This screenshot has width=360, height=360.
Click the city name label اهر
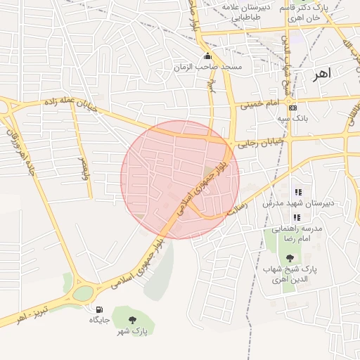coord(323,72)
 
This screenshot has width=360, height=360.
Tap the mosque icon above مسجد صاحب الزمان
coord(207,56)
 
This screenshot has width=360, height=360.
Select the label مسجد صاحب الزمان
coord(208,67)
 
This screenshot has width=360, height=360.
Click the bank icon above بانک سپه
coord(292,108)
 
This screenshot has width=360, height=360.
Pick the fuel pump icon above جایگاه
coord(98,309)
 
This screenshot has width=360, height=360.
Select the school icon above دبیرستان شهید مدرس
coord(297,192)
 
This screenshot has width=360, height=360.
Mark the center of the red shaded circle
coord(180,179)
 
